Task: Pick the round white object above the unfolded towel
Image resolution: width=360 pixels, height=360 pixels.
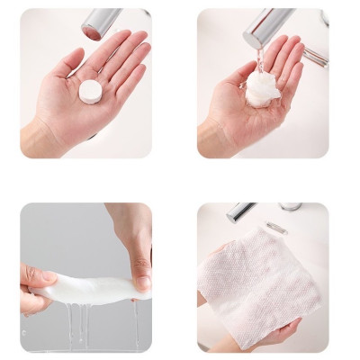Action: point(291,207)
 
